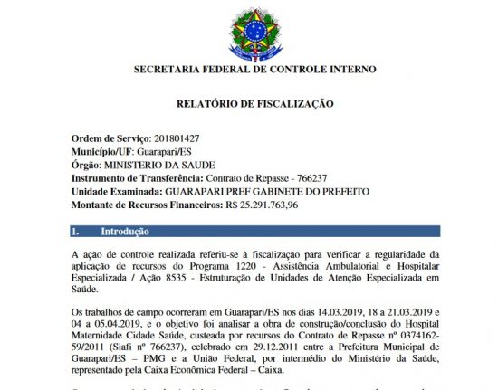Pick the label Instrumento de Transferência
133,178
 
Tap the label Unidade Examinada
114,192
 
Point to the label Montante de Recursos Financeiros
144,206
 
